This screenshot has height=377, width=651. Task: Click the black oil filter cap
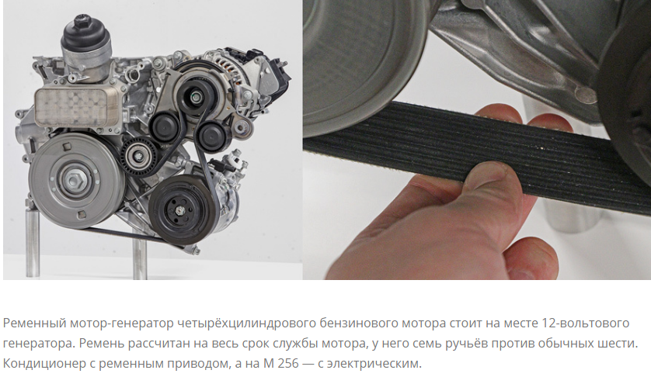click(x=86, y=34)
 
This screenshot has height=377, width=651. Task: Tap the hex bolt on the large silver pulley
click(x=75, y=181)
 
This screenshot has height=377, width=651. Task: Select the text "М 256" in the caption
click(x=280, y=363)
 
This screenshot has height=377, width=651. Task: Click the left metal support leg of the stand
click(x=33, y=242)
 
